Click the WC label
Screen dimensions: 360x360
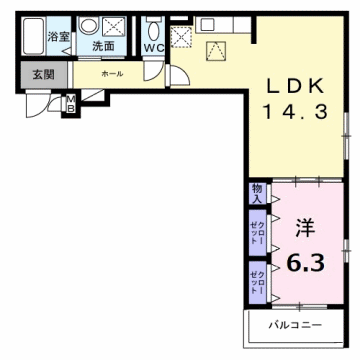pos(153,47)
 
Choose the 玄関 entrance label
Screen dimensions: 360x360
pos(41,74)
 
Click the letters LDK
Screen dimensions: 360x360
pos(295,85)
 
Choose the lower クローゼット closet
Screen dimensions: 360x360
pos(256,279)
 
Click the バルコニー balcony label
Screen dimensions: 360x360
pos(298,326)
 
